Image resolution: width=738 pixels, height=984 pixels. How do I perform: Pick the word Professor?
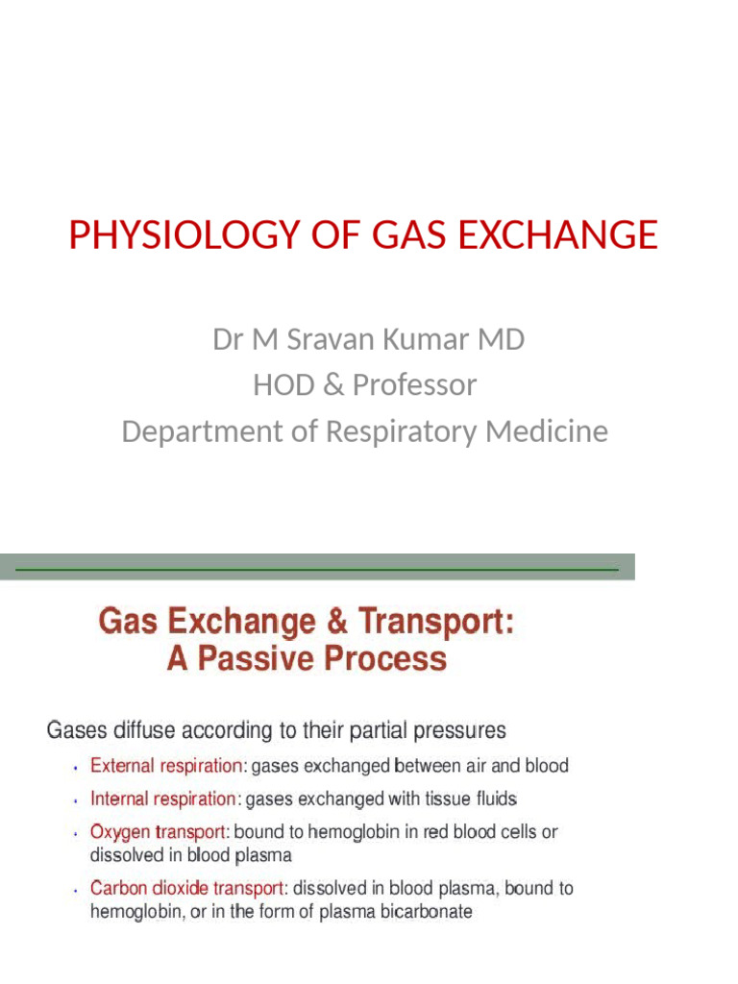tap(414, 385)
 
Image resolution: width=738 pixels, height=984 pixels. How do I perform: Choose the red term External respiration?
tap(167, 767)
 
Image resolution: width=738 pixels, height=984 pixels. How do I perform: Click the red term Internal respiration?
tap(163, 799)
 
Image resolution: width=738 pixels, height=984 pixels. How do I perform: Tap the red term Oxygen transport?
tap(160, 832)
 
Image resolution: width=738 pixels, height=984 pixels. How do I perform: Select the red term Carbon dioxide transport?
tap(189, 889)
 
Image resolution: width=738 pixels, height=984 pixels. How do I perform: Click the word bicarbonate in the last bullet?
tap(428, 912)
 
